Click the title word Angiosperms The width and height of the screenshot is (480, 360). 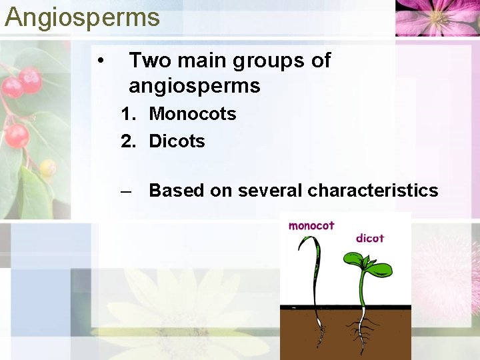pos(82,17)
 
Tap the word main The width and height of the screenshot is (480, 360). pos(199,61)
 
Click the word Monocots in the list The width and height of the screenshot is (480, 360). pos(192,114)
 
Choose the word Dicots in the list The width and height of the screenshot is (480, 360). pos(177,141)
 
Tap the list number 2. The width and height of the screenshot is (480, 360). pos(127,141)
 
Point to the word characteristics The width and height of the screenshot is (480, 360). pos(373,191)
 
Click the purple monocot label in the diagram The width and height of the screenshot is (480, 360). pos(311,226)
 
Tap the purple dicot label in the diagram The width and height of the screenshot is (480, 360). pos(370,238)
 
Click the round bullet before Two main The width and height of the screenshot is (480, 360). pos(99,61)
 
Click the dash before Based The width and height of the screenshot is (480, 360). pos(127,191)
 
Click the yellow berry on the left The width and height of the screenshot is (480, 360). pos(47,167)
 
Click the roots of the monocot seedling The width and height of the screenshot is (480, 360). pos(319,329)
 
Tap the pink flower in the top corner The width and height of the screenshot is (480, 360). pos(437,17)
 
